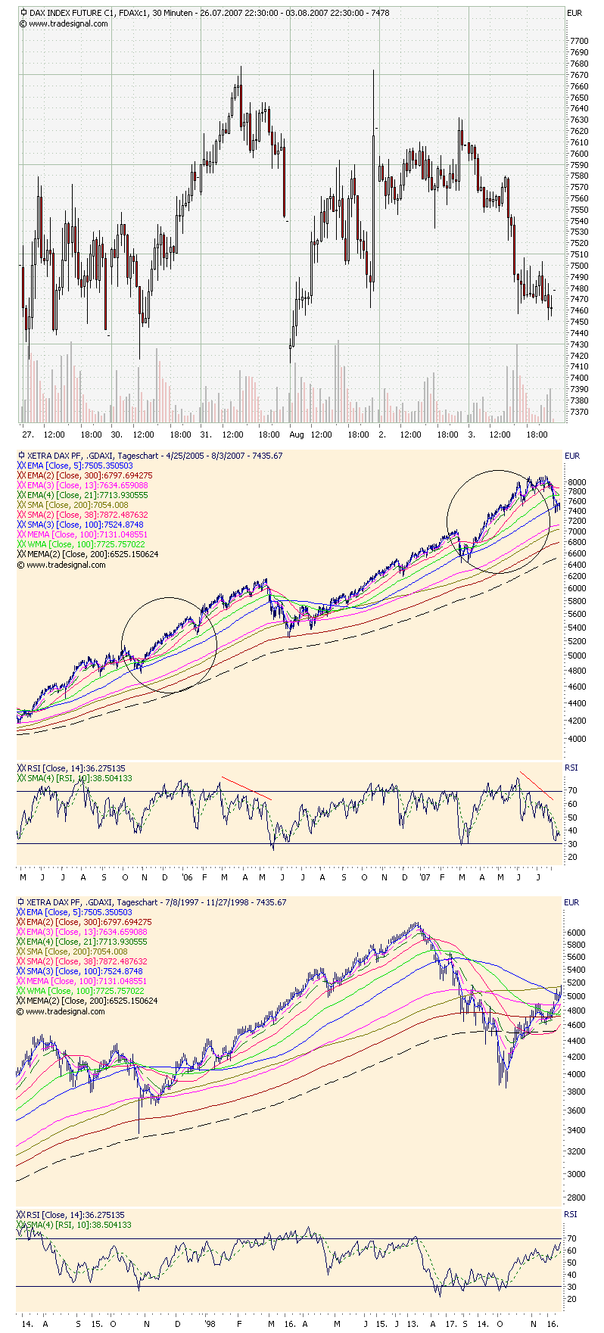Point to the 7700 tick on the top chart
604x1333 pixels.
(x=579, y=41)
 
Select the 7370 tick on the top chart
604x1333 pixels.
(x=579, y=412)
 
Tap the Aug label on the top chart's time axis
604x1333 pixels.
(x=296, y=434)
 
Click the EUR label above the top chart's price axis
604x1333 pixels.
(x=574, y=13)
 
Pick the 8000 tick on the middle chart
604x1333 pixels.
(x=576, y=481)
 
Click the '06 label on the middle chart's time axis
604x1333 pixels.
(x=188, y=877)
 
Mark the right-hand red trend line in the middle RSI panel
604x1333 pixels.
(x=537, y=785)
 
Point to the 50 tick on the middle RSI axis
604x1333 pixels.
(x=572, y=818)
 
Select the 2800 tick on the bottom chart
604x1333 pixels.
(x=576, y=1198)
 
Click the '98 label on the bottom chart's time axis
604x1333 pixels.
(x=210, y=1324)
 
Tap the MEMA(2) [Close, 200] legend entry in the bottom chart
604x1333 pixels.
(x=92, y=1001)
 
